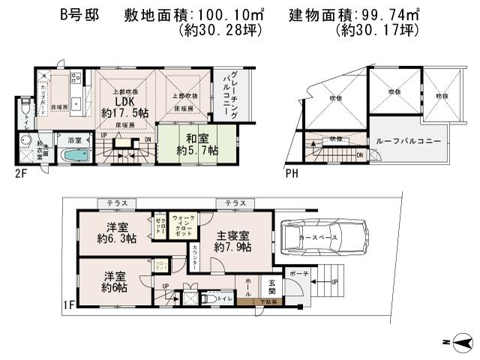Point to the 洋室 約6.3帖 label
pyautogui.click(x=115, y=233)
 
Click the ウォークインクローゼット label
pyautogui.click(x=184, y=224)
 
